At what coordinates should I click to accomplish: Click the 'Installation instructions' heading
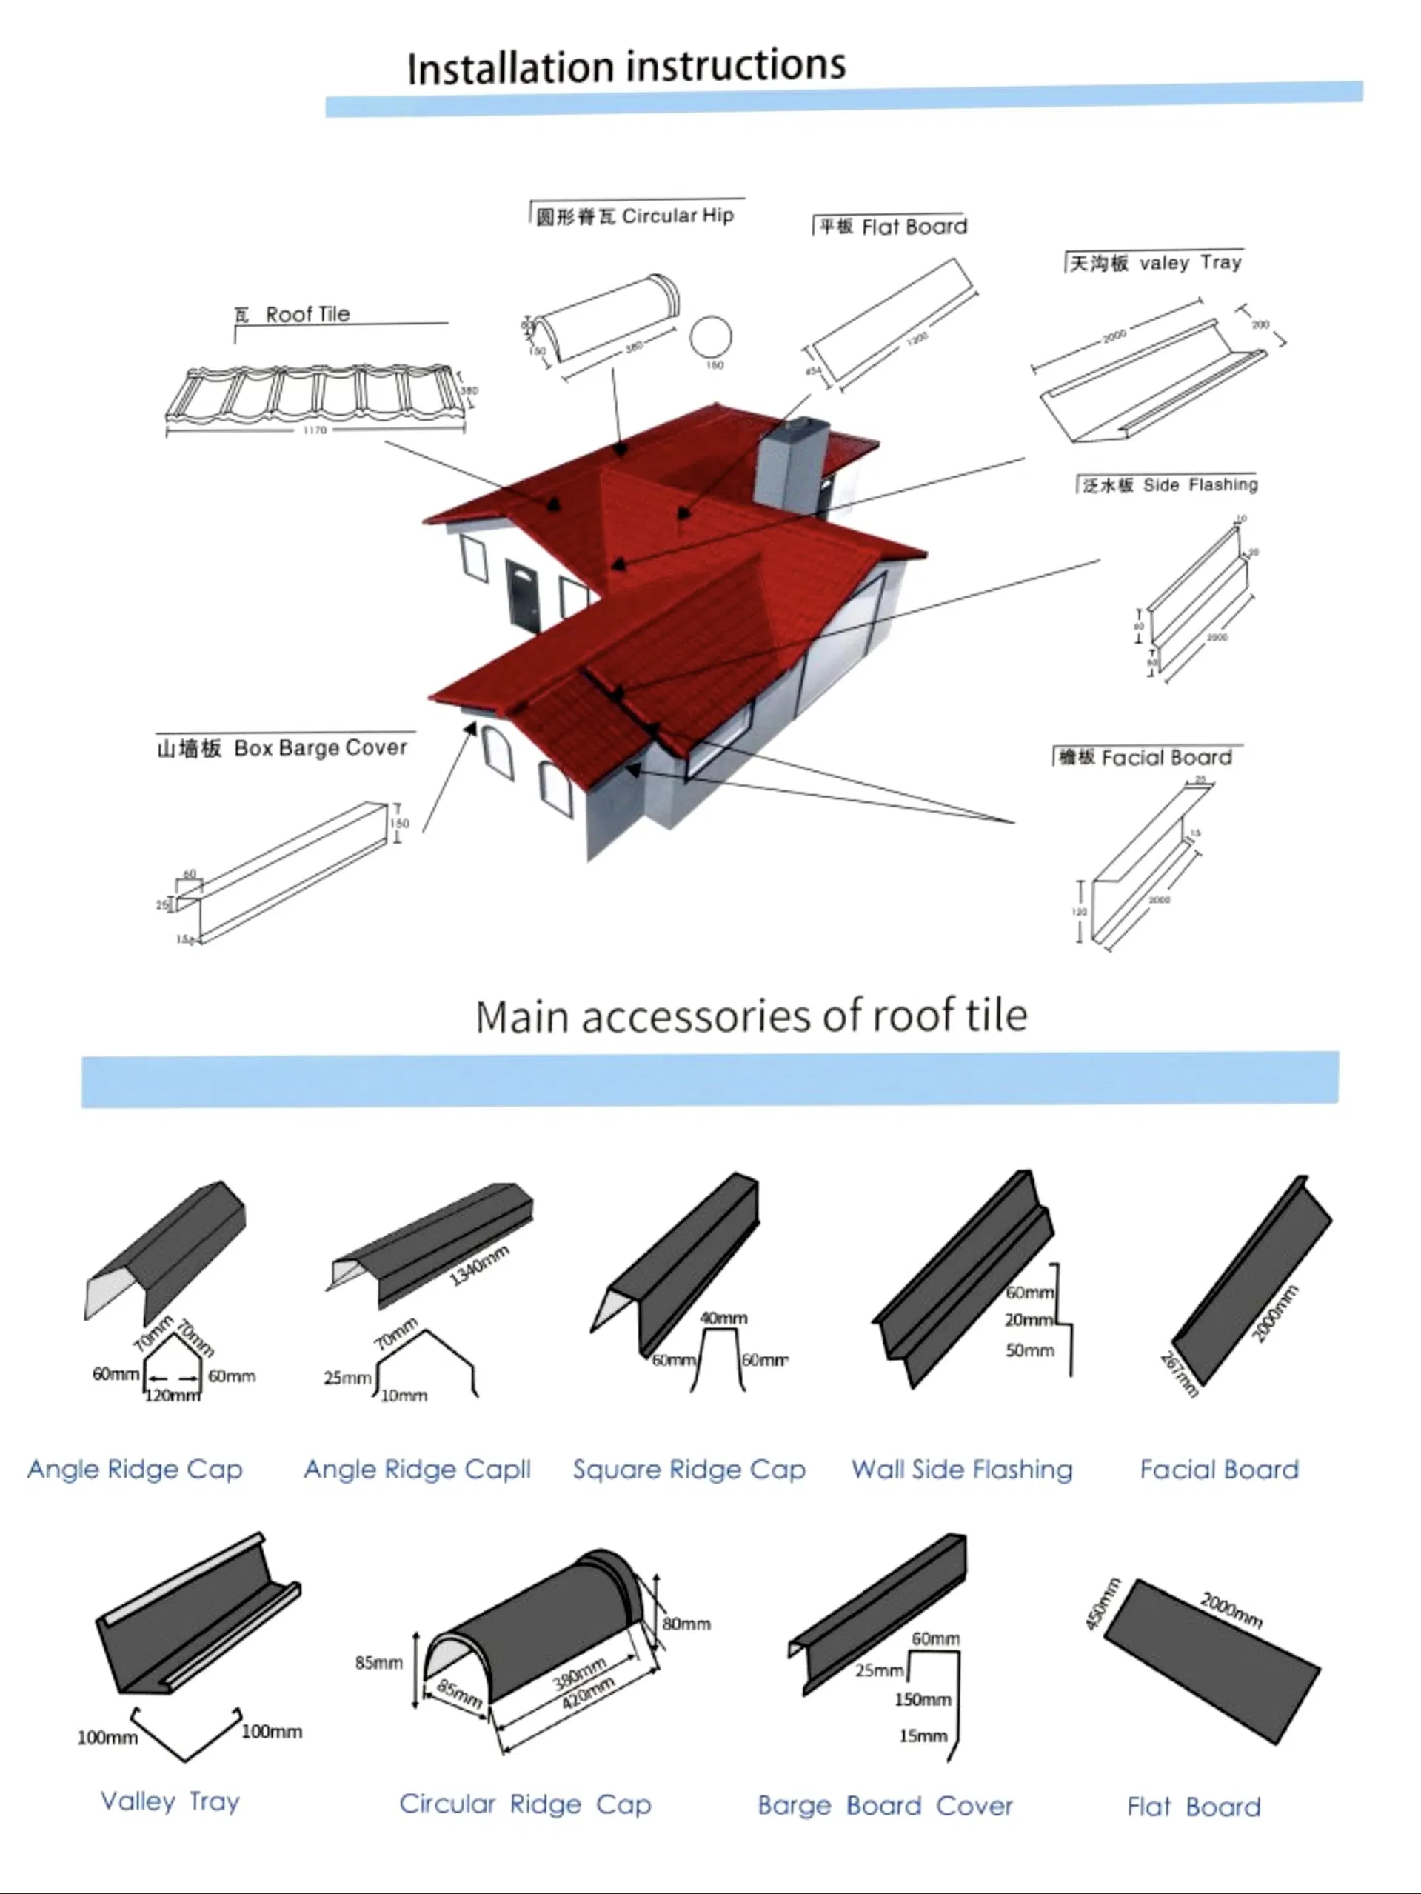tap(626, 67)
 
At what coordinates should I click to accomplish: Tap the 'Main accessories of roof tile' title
tap(751, 1016)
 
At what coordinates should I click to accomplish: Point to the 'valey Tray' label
tap(1189, 263)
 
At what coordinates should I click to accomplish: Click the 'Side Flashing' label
tap(1200, 485)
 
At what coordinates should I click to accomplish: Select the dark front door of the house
tap(520, 593)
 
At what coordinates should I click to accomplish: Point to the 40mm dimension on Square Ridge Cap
tap(723, 1318)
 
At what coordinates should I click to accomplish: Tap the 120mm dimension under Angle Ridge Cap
tap(172, 1395)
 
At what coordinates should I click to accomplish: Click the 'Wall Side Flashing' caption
tap(961, 1470)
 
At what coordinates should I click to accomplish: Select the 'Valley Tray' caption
tap(170, 1801)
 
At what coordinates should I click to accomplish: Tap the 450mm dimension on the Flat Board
tap(1103, 1604)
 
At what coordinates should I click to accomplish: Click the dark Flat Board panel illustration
tap(1211, 1661)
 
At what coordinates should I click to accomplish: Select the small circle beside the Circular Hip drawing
tap(711, 337)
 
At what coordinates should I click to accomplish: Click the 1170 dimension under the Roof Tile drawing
tap(314, 430)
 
